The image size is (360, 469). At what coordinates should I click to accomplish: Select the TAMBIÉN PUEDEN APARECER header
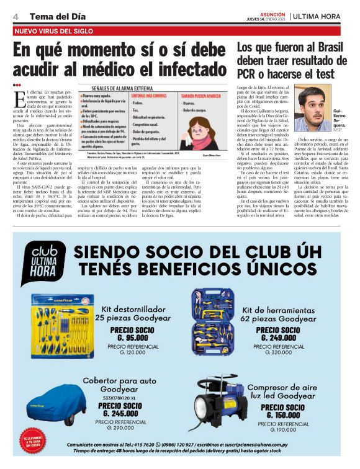pos(202,98)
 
